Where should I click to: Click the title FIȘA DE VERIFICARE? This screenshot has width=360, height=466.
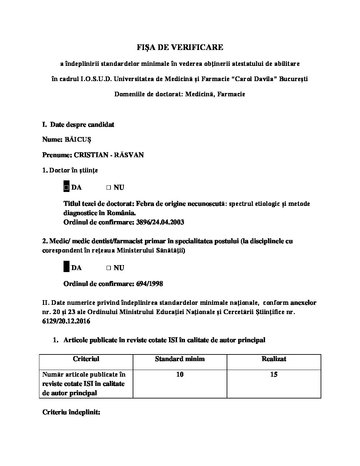(x=180, y=47)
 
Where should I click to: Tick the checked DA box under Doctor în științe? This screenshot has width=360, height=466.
(x=67, y=188)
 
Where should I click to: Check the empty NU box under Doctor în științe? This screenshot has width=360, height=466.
(x=109, y=188)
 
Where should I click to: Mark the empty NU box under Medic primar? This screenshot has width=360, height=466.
(x=109, y=268)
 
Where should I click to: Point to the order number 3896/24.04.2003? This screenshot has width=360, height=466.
(x=160, y=222)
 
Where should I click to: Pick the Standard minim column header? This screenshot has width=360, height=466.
(x=180, y=359)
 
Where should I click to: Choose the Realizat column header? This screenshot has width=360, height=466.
(x=274, y=359)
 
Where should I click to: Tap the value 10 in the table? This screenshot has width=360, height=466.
(x=180, y=375)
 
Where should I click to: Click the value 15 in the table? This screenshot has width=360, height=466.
(x=274, y=375)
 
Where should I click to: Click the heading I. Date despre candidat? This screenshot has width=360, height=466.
(x=78, y=125)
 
